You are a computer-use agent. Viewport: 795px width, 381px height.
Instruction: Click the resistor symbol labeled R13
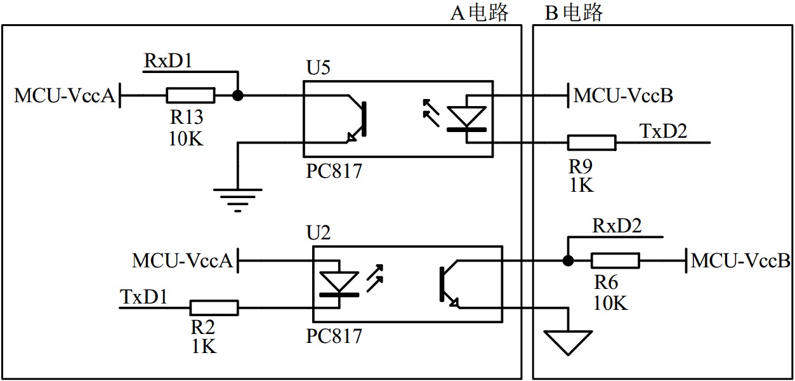click(190, 96)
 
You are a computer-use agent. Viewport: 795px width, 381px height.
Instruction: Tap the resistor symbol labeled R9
click(591, 143)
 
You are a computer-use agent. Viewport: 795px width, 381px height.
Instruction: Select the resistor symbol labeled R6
click(615, 260)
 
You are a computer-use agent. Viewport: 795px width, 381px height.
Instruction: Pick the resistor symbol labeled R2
click(214, 308)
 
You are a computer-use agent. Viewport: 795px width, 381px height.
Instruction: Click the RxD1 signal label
click(168, 61)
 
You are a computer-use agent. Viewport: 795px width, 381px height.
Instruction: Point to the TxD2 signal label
click(663, 131)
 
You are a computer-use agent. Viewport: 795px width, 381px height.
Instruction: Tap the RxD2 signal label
click(617, 226)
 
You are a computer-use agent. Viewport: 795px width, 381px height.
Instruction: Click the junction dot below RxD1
click(238, 96)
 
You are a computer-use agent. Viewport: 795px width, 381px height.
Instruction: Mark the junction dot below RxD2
click(568, 260)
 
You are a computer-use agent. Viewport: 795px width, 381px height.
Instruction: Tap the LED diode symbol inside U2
click(339, 283)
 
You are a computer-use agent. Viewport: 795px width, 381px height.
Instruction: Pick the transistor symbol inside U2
click(448, 284)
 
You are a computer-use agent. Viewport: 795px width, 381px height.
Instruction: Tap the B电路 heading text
click(574, 12)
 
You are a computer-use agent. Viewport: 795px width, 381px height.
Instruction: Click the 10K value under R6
click(610, 303)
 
